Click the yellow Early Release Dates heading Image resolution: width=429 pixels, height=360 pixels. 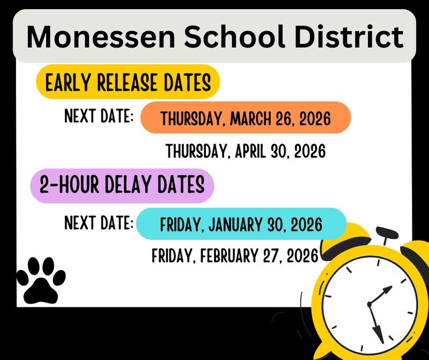click(128, 83)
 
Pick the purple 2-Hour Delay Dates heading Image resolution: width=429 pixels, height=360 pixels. click(122, 185)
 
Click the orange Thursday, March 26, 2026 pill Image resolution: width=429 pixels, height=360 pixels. click(246, 117)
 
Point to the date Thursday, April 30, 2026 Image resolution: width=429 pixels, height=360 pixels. click(246, 151)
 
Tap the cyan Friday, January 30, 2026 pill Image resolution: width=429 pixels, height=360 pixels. click(241, 223)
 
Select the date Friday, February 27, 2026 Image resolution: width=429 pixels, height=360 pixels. click(235, 255)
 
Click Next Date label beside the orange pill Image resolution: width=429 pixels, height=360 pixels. click(99, 116)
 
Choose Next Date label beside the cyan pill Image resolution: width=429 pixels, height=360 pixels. click(99, 222)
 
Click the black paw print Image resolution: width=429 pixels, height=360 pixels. click(41, 280)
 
